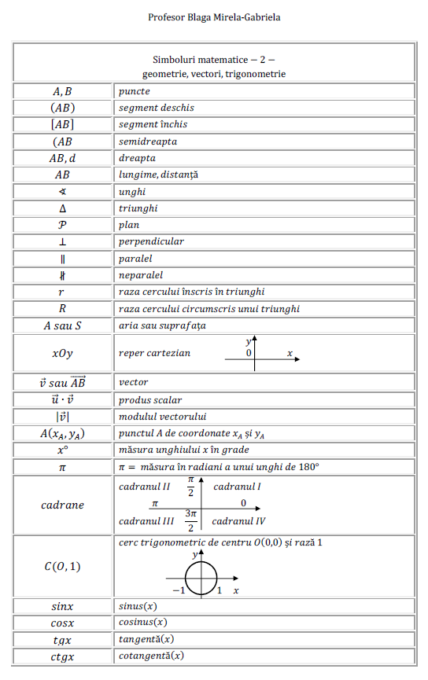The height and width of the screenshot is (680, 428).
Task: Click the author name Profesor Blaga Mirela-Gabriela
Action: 213,17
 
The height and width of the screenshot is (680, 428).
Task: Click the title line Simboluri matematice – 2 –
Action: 213,59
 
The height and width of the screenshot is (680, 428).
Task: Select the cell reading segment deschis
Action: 157,108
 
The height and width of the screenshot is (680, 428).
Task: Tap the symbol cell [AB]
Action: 63,124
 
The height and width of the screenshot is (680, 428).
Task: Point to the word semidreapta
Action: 148,142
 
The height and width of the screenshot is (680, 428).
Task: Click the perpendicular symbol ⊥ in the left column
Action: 63,241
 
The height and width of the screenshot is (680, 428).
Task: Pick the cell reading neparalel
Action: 141,275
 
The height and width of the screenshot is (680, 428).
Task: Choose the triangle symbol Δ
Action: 63,208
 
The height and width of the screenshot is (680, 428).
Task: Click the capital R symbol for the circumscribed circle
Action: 63,309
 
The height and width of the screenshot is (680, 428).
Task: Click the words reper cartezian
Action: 154,353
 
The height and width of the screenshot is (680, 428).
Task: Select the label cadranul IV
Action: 238,520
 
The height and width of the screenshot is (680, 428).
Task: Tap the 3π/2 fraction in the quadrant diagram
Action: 190,520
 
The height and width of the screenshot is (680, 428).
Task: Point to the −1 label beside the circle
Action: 179,590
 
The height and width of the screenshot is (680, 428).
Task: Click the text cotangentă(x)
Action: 151,656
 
